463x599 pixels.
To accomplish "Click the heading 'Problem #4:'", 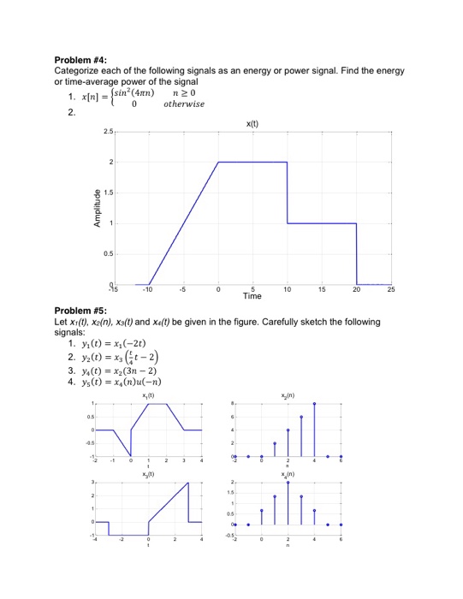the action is pyautogui.click(x=78, y=60).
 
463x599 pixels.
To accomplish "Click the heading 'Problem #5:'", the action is pyautogui.click(x=78, y=312).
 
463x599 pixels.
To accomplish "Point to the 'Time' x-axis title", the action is pyautogui.click(x=252, y=296).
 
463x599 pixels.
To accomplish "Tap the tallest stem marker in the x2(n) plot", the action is pyautogui.click(x=314, y=402).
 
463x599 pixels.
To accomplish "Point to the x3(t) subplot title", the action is pyautogui.click(x=149, y=474).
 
